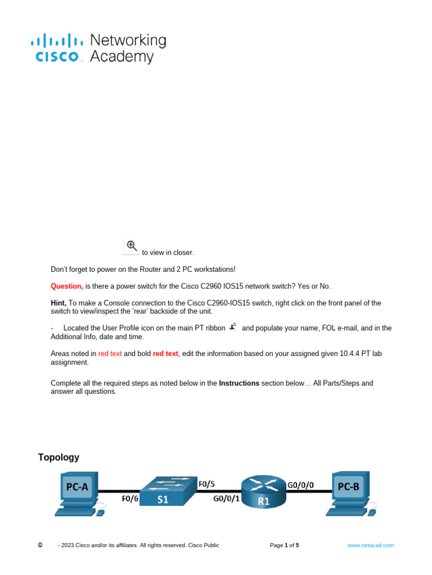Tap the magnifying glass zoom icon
point(132,245)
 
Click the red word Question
point(66,286)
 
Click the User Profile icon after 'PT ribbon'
point(233,326)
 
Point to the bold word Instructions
point(239,383)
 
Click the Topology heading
point(58,457)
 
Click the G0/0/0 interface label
point(301,483)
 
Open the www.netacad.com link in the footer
point(371,545)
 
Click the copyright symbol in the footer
point(40,545)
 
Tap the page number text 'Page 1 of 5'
point(285,545)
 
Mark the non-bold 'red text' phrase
point(110,353)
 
